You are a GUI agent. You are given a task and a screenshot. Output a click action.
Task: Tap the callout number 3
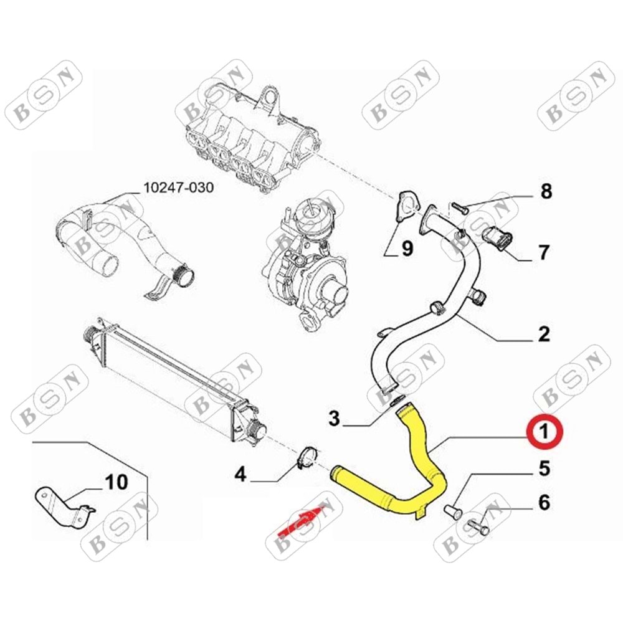pyautogui.click(x=335, y=419)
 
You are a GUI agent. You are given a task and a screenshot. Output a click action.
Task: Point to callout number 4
pyautogui.click(x=240, y=475)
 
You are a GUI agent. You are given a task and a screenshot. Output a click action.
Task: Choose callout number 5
pyautogui.click(x=544, y=468)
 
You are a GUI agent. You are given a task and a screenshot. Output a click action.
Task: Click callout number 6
pyautogui.click(x=544, y=502)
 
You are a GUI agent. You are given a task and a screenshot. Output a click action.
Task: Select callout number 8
pyautogui.click(x=546, y=191)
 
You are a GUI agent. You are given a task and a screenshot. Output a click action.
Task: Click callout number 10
pyautogui.click(x=117, y=482)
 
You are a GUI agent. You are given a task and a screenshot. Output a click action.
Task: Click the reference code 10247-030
pyautogui.click(x=178, y=187)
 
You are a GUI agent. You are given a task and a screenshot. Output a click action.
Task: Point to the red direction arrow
pyautogui.click(x=299, y=521)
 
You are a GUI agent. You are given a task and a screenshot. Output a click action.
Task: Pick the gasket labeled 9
pyautogui.click(x=404, y=207)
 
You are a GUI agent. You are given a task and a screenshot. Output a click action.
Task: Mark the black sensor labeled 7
pyautogui.click(x=497, y=237)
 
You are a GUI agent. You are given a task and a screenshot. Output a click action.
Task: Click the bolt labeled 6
pyautogui.click(x=478, y=528)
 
